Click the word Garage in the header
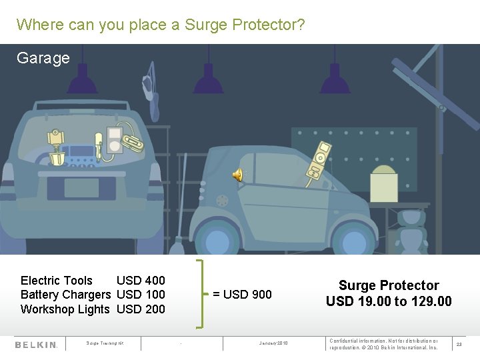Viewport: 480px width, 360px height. tap(43, 58)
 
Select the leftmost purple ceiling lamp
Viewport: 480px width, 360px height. tap(82, 82)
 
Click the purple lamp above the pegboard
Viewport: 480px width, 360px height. tap(335, 82)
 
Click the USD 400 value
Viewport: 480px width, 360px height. tap(141, 281)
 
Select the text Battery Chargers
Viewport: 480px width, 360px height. tap(65, 295)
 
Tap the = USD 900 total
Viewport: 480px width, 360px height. tap(242, 295)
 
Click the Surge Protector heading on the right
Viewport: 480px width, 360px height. tap(389, 285)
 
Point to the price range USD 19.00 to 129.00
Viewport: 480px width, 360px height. tap(389, 301)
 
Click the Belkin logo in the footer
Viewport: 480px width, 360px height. tap(37, 345)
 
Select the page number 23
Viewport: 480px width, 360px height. tap(459, 345)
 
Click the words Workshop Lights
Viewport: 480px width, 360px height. tap(65, 309)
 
